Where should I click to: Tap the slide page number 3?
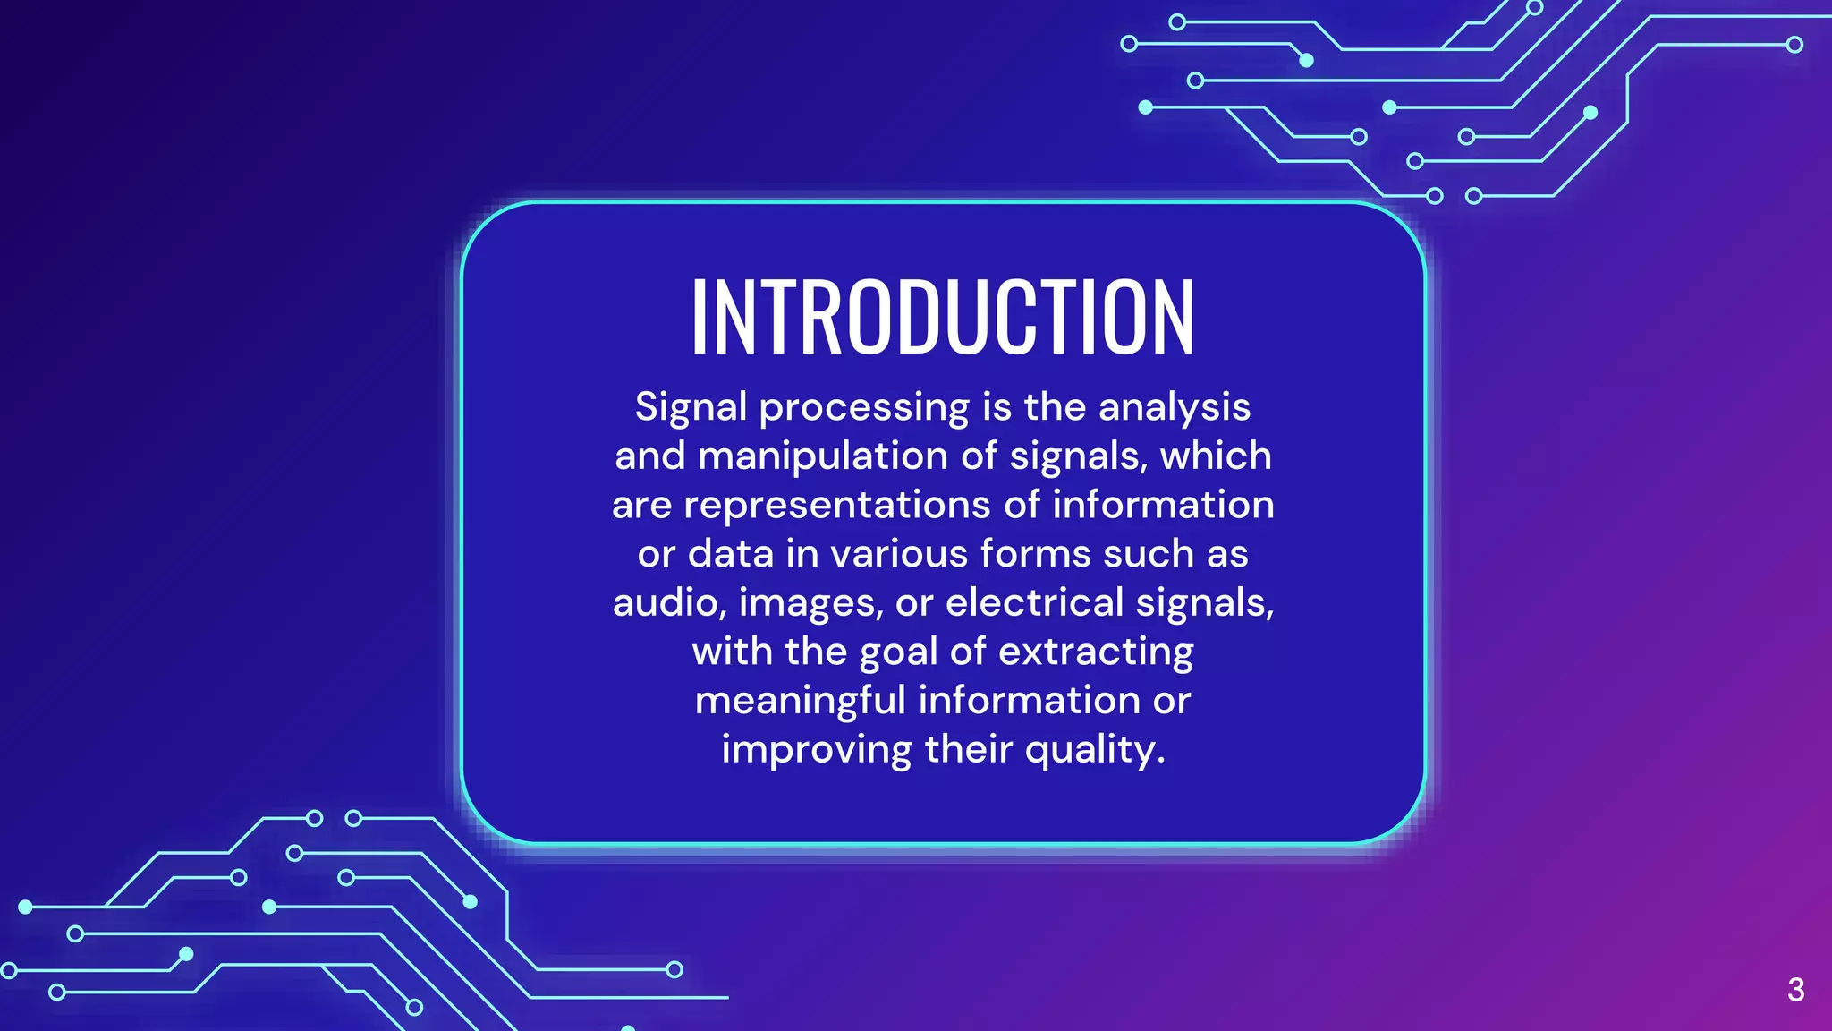(1795, 990)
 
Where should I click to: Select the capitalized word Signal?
(691, 408)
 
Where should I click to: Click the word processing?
(864, 408)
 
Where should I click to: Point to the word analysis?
(1175, 408)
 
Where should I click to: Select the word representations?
(837, 506)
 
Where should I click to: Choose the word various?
(900, 554)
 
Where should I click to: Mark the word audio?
(669, 603)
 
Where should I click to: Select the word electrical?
(1035, 602)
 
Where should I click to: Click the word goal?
(898, 652)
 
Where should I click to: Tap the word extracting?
(1096, 652)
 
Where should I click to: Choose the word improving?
(817, 750)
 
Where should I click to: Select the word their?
(969, 749)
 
